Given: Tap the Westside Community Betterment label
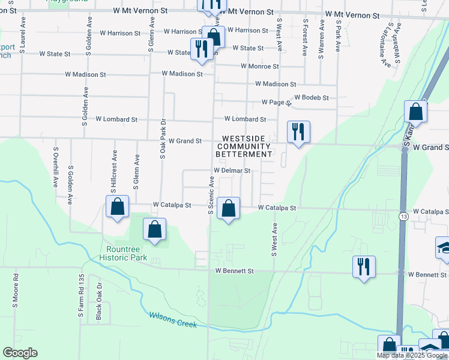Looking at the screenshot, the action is click(x=244, y=146).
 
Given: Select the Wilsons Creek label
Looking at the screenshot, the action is click(x=173, y=320).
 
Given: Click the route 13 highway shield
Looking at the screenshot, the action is click(x=402, y=216).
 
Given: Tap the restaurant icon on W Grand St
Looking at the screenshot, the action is click(x=298, y=132).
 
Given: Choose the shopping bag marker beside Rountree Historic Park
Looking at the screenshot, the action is click(x=155, y=230).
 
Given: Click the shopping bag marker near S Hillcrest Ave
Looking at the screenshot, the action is click(x=118, y=206).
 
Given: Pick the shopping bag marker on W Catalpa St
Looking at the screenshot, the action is click(x=228, y=209).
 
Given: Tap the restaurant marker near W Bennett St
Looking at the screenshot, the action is click(x=364, y=266).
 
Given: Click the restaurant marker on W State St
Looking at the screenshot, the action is click(x=201, y=49).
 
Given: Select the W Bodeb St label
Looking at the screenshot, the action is click(x=311, y=98).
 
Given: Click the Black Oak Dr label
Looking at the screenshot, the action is click(x=99, y=306).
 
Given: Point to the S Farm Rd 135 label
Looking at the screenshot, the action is click(x=79, y=291).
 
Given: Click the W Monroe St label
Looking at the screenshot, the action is click(x=259, y=67).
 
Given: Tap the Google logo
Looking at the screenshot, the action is click(x=20, y=353).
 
